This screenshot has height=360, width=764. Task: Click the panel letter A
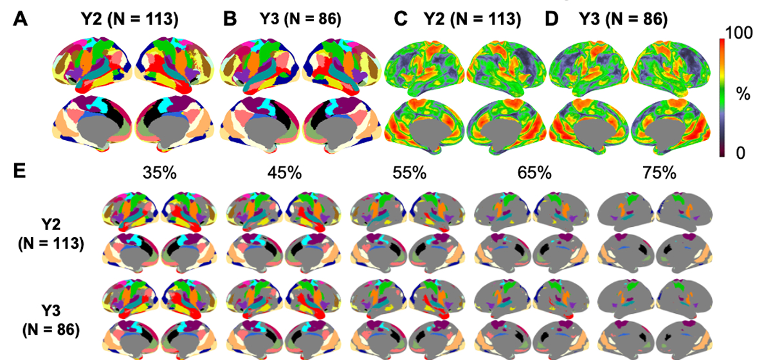pos(21,19)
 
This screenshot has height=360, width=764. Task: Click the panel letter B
pos(230,19)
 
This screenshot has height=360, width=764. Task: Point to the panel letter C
pos(401,19)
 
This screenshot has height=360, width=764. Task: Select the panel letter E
pos(21,173)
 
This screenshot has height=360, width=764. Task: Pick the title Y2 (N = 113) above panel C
pos(471,19)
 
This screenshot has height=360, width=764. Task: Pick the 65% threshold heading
pos(534,173)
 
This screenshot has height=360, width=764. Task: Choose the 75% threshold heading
pos(659,173)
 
